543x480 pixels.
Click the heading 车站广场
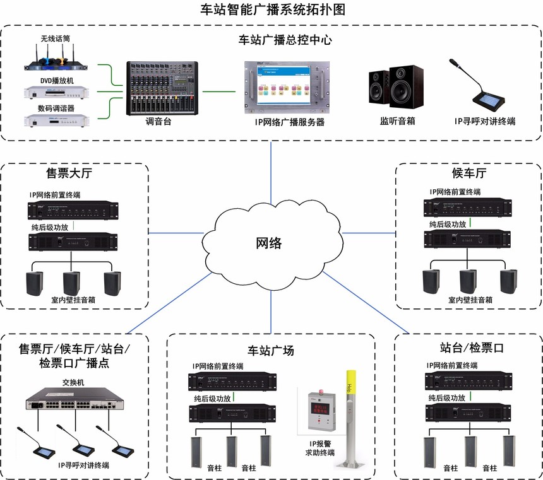[271, 351]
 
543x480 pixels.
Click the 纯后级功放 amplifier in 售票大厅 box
[73, 242]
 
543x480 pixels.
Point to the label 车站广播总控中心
[285, 40]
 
